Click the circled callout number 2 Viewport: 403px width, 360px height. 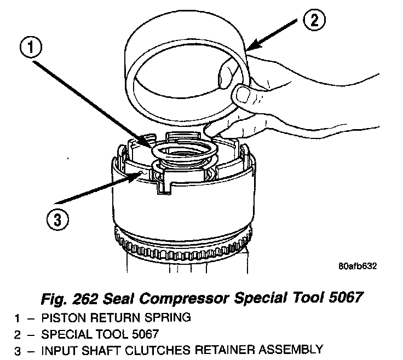pos(313,21)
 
